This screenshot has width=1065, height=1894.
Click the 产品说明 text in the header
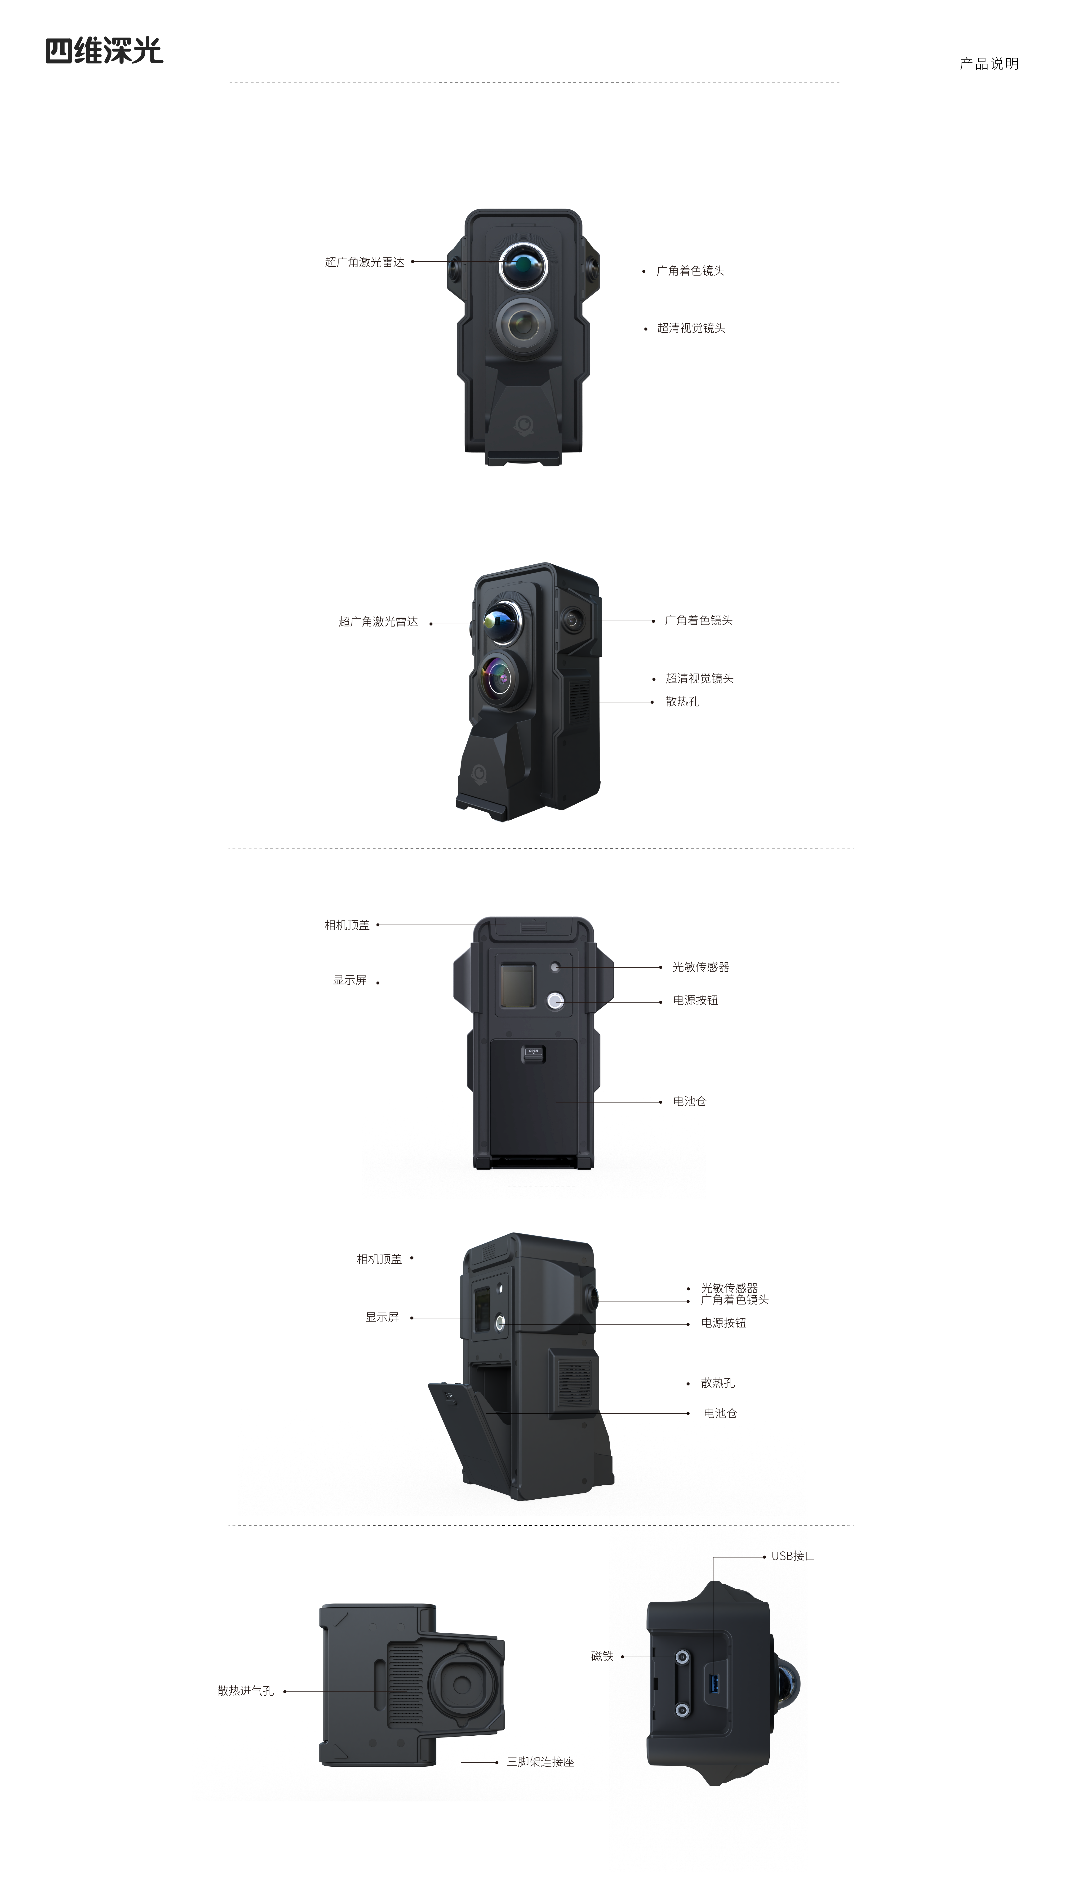(989, 64)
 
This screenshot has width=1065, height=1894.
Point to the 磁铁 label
(602, 1657)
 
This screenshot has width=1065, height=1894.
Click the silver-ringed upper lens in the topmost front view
(523, 264)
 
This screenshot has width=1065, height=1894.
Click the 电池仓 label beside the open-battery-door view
(720, 1413)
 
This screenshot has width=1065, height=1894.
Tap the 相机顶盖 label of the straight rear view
(347, 925)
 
